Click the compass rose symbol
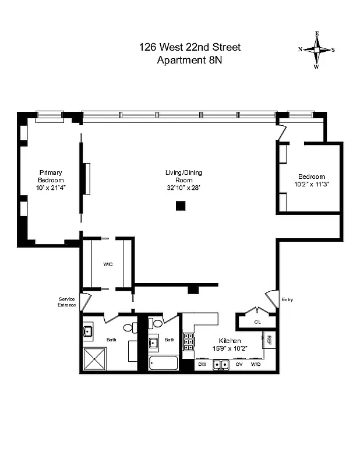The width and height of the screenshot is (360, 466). tap(317, 50)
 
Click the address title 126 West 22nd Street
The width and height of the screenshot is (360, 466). tap(189, 47)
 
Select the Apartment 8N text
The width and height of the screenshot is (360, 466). tap(189, 59)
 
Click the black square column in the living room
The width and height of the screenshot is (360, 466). tap(181, 206)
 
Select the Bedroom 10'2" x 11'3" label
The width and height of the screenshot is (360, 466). tap(311, 181)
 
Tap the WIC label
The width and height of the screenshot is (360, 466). tap(108, 264)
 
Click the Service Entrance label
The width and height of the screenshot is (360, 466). tap(66, 302)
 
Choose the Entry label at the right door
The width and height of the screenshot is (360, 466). tap(287, 300)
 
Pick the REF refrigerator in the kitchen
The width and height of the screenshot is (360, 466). tap(270, 339)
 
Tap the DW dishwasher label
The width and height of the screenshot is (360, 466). tap(202, 365)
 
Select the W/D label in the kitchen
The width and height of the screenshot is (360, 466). tap(255, 365)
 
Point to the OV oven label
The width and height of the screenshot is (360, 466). tap(239, 365)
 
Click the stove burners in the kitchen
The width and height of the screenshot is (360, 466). tap(189, 342)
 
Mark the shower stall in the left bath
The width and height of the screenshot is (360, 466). tap(96, 359)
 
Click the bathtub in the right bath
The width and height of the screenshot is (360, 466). tap(163, 363)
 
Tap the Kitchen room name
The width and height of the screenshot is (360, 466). tap(230, 341)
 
